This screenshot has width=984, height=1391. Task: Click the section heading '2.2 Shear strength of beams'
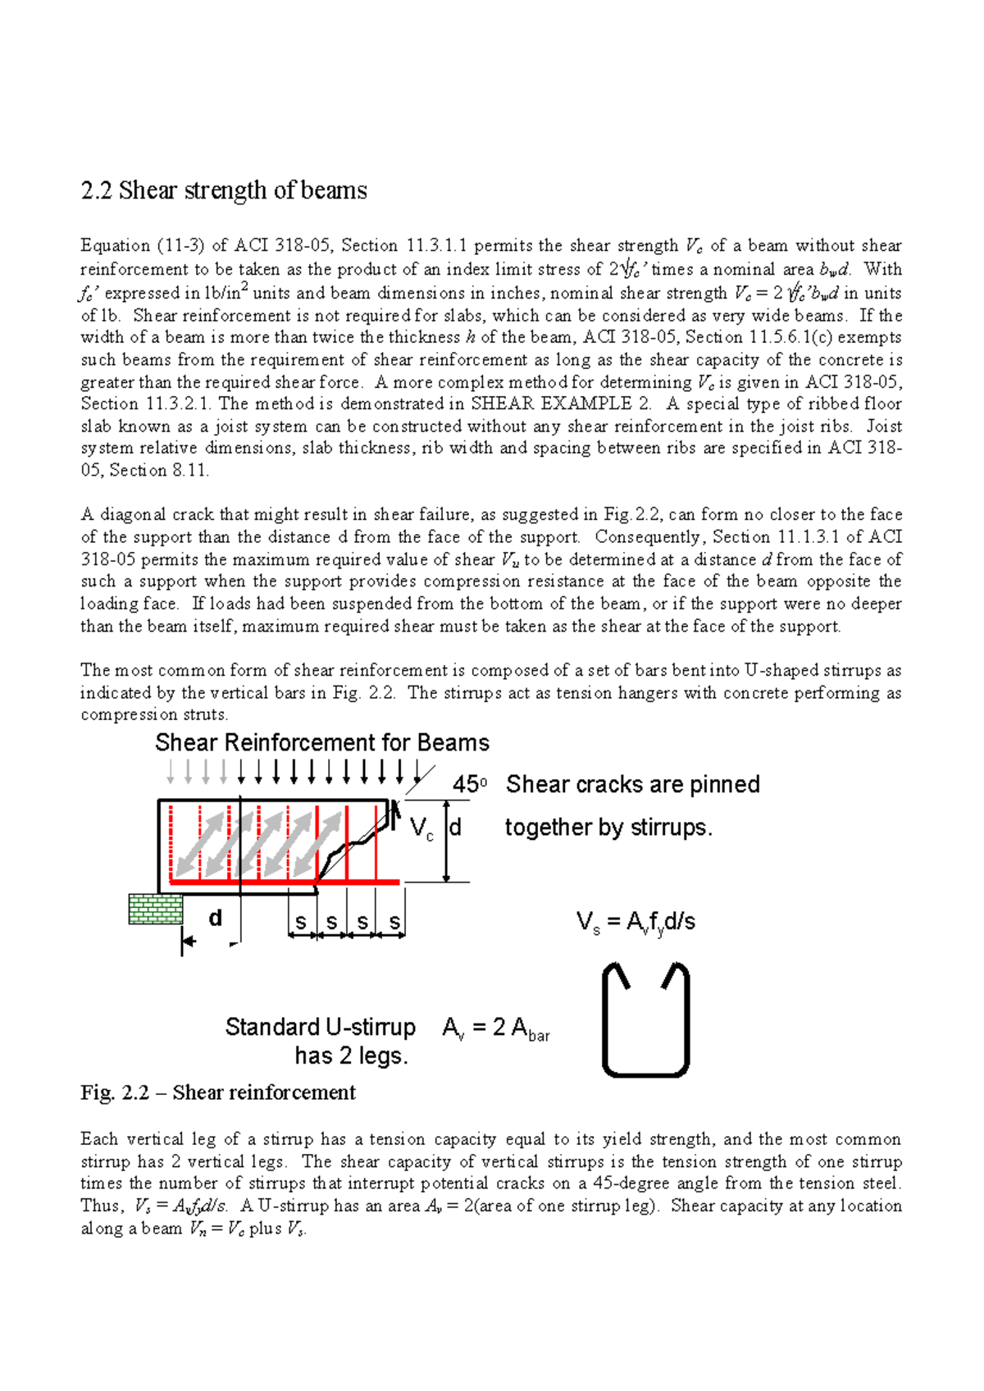click(223, 190)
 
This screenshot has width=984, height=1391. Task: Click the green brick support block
click(155, 910)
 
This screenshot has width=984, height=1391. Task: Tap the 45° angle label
click(469, 784)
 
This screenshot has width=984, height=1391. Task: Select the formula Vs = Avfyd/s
click(635, 922)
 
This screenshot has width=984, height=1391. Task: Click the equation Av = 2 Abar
click(495, 1028)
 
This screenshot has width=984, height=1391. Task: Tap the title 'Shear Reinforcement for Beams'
click(321, 742)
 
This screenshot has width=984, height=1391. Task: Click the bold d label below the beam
click(215, 918)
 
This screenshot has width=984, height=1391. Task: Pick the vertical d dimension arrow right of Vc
click(447, 840)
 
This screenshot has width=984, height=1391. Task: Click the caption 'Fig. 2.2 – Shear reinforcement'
click(217, 1092)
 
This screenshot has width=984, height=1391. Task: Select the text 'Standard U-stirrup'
click(320, 1027)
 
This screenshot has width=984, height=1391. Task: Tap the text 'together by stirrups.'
click(608, 827)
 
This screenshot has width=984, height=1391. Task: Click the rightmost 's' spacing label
click(394, 922)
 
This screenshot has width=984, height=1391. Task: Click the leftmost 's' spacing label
click(301, 922)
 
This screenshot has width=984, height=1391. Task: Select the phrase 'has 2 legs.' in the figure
click(351, 1056)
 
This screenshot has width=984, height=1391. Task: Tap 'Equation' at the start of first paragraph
click(115, 245)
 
